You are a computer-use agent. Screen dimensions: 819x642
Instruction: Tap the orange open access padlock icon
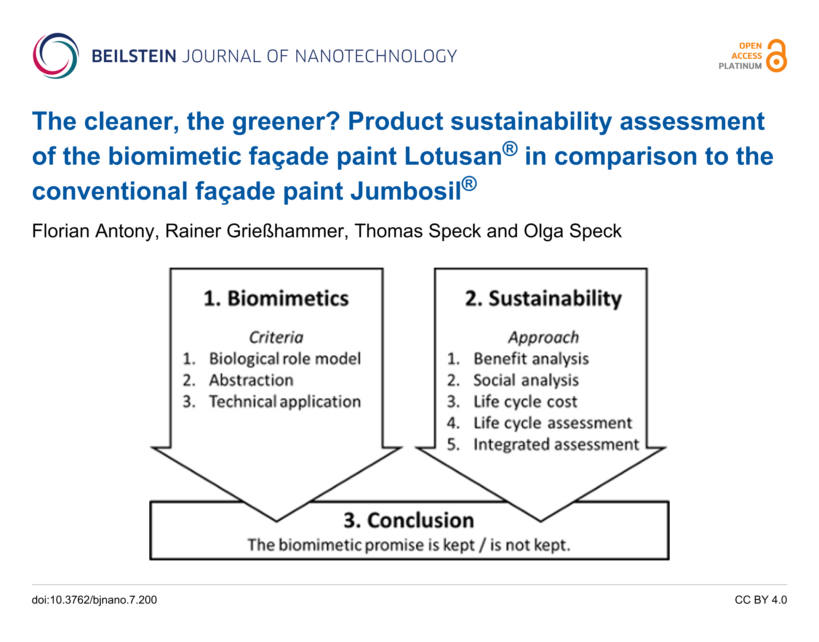[777, 56]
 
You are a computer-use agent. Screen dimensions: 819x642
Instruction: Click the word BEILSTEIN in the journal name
[134, 56]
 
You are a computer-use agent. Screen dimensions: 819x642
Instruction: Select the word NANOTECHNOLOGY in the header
[376, 56]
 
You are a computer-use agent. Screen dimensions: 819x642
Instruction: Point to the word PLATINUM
[740, 66]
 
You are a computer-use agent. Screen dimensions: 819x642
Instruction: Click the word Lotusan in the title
[453, 156]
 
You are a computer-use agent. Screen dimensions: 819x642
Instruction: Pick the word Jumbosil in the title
[406, 191]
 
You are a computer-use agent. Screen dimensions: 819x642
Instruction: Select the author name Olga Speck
[573, 231]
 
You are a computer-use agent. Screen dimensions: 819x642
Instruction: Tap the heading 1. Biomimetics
[276, 298]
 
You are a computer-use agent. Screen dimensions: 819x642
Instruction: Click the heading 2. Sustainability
[544, 299]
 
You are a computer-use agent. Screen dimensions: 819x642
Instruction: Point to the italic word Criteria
[276, 337]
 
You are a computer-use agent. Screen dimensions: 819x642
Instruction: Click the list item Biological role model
[285, 359]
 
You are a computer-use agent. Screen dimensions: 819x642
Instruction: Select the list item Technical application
[285, 402]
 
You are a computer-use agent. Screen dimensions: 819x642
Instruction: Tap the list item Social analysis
[526, 380]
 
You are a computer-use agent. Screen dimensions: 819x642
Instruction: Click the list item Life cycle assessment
[553, 423]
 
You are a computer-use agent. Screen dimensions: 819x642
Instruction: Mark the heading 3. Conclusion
[409, 520]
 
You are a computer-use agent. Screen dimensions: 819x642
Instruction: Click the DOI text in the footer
[94, 600]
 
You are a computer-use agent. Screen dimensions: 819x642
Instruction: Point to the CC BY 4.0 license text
[761, 600]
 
